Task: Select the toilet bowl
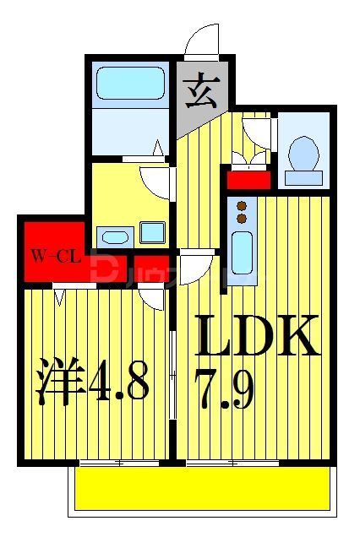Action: coord(302,155)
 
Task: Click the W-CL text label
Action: coord(56,256)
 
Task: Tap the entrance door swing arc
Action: coord(203,40)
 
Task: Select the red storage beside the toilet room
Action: coord(248,179)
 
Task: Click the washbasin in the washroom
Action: coord(112,235)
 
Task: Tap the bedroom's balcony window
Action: coord(118,462)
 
